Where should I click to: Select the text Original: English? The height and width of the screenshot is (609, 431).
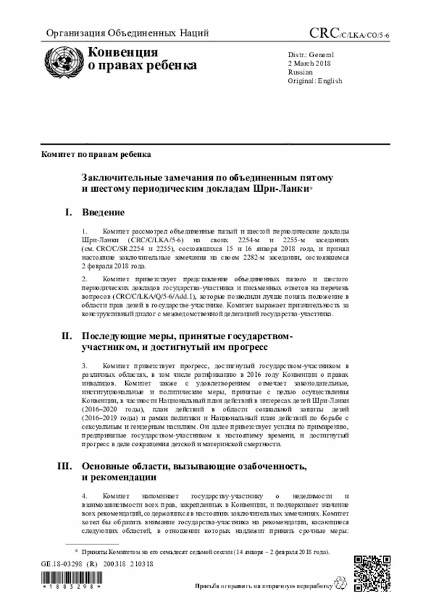(314, 81)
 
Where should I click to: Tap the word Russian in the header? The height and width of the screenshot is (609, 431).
(300, 71)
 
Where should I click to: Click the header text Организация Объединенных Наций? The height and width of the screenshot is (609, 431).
(127, 33)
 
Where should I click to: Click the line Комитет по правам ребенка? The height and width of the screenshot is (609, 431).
(95, 154)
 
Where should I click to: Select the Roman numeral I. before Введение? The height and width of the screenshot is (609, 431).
(69, 213)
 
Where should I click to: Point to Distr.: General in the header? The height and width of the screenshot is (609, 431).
(311, 54)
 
